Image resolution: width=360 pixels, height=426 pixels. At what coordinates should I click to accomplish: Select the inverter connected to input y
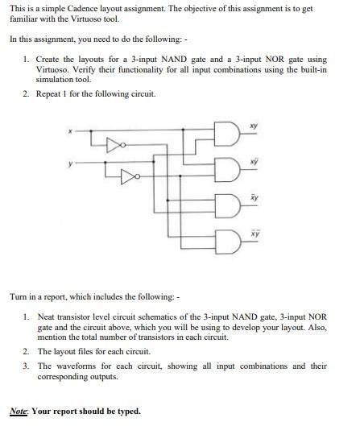[127, 175]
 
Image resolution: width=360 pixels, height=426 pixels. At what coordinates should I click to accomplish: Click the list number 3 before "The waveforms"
[26, 366]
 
